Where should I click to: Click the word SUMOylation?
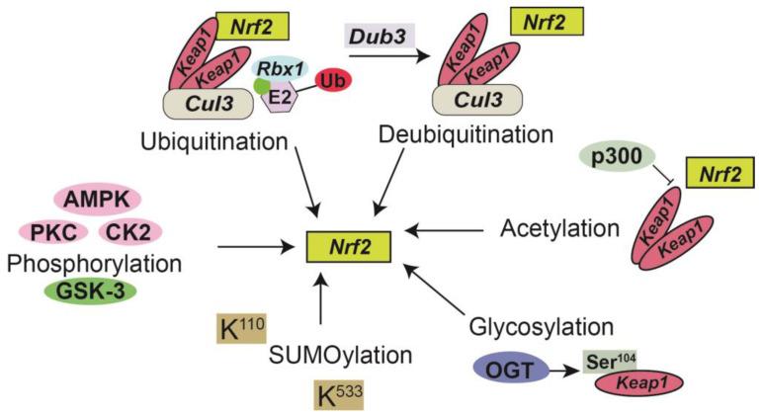pos(328,355)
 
